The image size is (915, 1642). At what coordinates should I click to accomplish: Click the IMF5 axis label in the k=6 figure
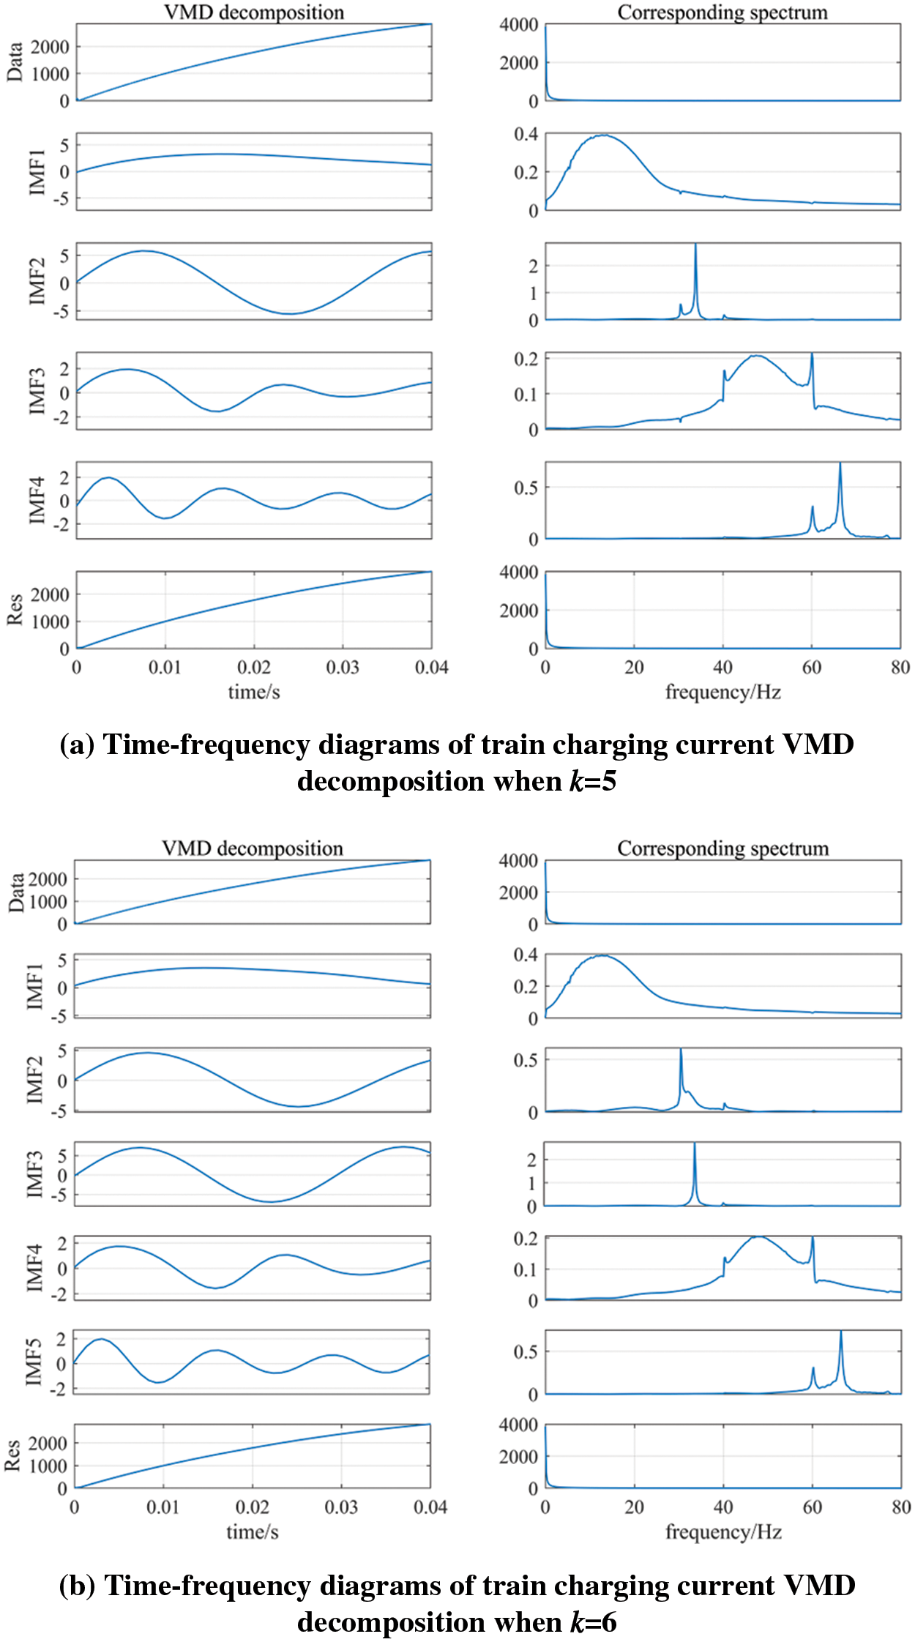point(34,1362)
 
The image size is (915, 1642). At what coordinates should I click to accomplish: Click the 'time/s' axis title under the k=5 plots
point(253,692)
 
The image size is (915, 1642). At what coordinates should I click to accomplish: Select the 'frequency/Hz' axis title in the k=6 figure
point(723,1531)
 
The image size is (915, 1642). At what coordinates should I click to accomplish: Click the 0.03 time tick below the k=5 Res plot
point(342,668)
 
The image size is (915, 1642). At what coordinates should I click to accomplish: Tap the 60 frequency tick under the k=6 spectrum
point(812,1507)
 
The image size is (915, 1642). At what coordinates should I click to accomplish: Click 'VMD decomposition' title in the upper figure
point(253,12)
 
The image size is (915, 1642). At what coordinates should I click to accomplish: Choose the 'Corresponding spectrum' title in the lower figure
point(722,848)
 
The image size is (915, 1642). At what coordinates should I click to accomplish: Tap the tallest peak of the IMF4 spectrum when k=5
point(840,464)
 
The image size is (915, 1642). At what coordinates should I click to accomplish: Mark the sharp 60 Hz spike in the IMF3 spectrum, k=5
point(812,356)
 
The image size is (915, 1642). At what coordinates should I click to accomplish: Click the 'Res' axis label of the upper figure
point(15,610)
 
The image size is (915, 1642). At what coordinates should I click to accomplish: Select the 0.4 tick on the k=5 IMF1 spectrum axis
point(526,134)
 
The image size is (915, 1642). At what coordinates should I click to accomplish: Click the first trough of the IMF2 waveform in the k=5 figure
point(290,313)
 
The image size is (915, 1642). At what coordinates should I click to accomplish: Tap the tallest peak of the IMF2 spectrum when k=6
point(681,1050)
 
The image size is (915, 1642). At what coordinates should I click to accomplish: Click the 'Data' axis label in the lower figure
point(16,892)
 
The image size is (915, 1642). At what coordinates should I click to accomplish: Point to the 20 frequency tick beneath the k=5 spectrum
point(634,668)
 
